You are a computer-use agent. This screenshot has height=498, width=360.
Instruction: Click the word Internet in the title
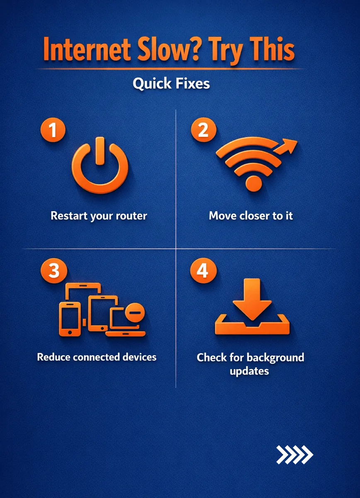(x=87, y=49)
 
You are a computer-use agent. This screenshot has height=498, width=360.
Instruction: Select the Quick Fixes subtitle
(x=171, y=84)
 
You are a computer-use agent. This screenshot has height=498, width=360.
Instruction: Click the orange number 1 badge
(x=53, y=130)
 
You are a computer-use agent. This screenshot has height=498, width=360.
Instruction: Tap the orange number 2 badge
(x=204, y=130)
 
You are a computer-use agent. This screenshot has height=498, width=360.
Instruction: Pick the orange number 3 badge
(x=54, y=271)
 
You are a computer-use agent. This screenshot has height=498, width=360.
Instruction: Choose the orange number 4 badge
(x=203, y=271)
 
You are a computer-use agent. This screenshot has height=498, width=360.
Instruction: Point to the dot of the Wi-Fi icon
(x=254, y=183)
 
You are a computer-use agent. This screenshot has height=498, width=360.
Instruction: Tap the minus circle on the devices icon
(x=135, y=312)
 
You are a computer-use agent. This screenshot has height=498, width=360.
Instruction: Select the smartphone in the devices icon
(x=70, y=319)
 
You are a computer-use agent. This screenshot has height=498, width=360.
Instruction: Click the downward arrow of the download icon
(x=252, y=299)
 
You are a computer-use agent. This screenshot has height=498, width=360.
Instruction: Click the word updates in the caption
(x=249, y=371)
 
